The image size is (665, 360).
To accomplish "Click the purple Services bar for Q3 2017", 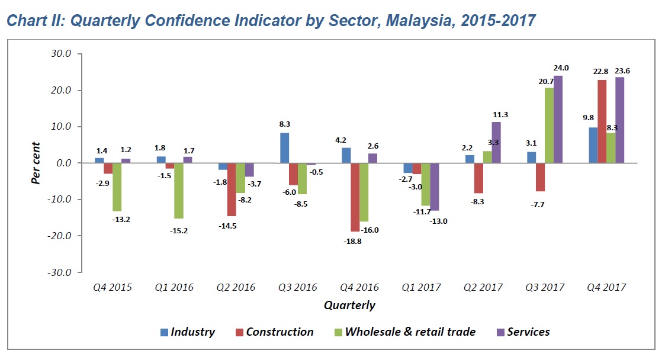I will [x=558, y=119].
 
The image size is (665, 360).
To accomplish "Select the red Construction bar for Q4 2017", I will [x=602, y=121].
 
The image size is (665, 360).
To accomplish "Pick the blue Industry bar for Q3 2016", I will [x=285, y=148].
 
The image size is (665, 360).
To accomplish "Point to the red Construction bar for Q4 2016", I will [x=355, y=197].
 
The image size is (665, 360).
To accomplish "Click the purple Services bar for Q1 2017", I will [x=435, y=187].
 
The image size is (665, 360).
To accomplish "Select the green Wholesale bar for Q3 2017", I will [x=549, y=125].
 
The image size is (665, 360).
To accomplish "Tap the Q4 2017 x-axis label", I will [x=606, y=287].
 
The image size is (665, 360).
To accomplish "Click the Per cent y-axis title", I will [x=37, y=162].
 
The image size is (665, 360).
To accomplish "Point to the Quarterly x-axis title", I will [x=349, y=306].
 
